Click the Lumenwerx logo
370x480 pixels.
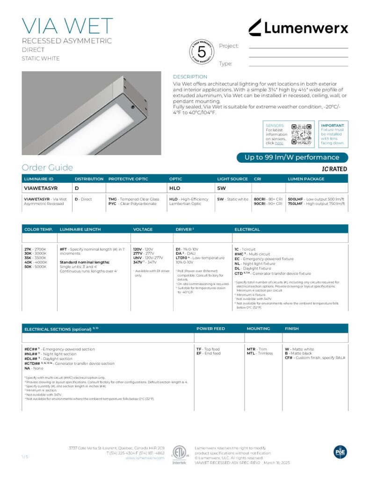[x=298, y=28]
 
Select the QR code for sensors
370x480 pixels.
[x=301, y=134]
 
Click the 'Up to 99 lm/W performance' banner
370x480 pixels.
[x=292, y=157]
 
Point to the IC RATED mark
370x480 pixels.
[x=334, y=169]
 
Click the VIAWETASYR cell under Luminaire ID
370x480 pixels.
[x=41, y=188]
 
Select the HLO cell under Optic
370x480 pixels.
[x=174, y=188]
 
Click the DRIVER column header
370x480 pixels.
[x=185, y=229]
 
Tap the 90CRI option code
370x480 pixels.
[x=260, y=204]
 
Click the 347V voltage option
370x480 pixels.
[x=138, y=262]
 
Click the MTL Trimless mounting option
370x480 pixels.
[x=251, y=353]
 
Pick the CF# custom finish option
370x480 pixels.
[x=289, y=358]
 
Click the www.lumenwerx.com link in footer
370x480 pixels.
[x=145, y=458]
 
